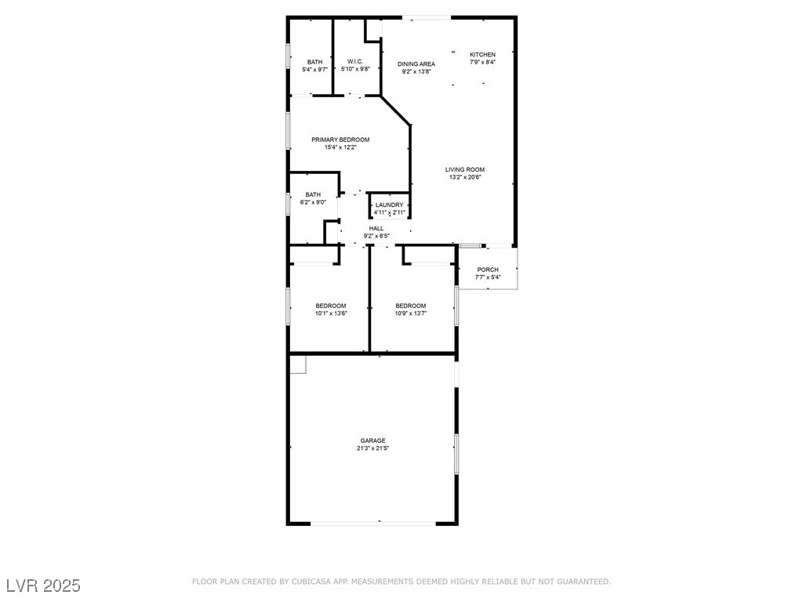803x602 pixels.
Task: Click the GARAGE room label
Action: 372,441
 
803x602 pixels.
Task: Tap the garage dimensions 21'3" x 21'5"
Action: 372,448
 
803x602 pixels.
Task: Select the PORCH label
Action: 488,270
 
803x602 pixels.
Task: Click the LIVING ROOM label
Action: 465,170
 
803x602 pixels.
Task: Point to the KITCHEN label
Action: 483,55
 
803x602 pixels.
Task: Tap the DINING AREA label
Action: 416,64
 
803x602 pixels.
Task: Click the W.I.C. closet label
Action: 355,61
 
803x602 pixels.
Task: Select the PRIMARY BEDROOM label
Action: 340,140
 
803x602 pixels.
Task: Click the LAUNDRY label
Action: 389,205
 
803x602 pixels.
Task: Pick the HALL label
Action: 376,228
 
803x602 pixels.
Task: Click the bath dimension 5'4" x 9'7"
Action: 315,70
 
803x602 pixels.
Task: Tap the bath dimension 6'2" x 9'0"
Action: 313,202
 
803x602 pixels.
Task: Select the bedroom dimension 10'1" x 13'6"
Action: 331,314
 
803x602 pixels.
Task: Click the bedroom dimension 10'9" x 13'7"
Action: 411,314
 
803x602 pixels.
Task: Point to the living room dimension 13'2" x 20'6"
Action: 465,178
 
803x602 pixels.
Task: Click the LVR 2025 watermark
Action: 44,586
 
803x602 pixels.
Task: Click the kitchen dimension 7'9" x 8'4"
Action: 483,62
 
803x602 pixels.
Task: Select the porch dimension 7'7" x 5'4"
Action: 488,277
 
